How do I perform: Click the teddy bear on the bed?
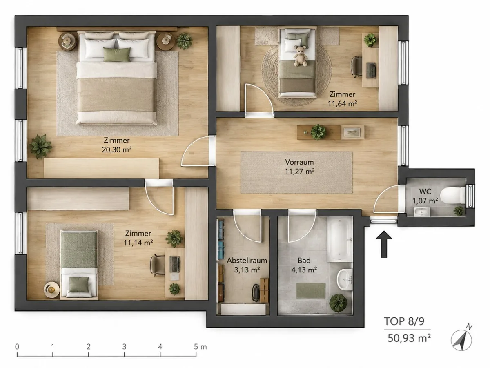300,56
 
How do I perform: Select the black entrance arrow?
384,244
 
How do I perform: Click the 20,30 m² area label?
116,149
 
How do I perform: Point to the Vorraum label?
299,162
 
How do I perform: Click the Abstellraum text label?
247,260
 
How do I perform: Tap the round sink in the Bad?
345,279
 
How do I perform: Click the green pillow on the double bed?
117,55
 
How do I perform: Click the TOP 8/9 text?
404,321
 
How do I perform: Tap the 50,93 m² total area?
409,338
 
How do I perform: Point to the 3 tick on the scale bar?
125,355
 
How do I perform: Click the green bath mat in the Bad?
311,290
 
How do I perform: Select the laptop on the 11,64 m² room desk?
371,71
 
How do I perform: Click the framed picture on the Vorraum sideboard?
352,132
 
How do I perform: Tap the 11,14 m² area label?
138,243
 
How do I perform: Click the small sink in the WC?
422,212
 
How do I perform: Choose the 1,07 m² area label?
425,201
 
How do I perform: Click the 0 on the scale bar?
17,347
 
